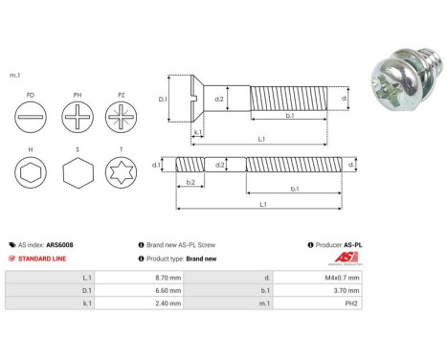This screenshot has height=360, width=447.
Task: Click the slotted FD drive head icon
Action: coord(34,121)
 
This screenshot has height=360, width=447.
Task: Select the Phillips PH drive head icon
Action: coord(78,121)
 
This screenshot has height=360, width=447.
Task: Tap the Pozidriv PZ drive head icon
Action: coord(122,121)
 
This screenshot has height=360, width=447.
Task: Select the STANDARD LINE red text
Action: coord(47,259)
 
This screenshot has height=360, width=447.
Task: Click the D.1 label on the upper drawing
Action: coord(162,98)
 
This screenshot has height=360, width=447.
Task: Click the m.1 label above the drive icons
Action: coord(14,75)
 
